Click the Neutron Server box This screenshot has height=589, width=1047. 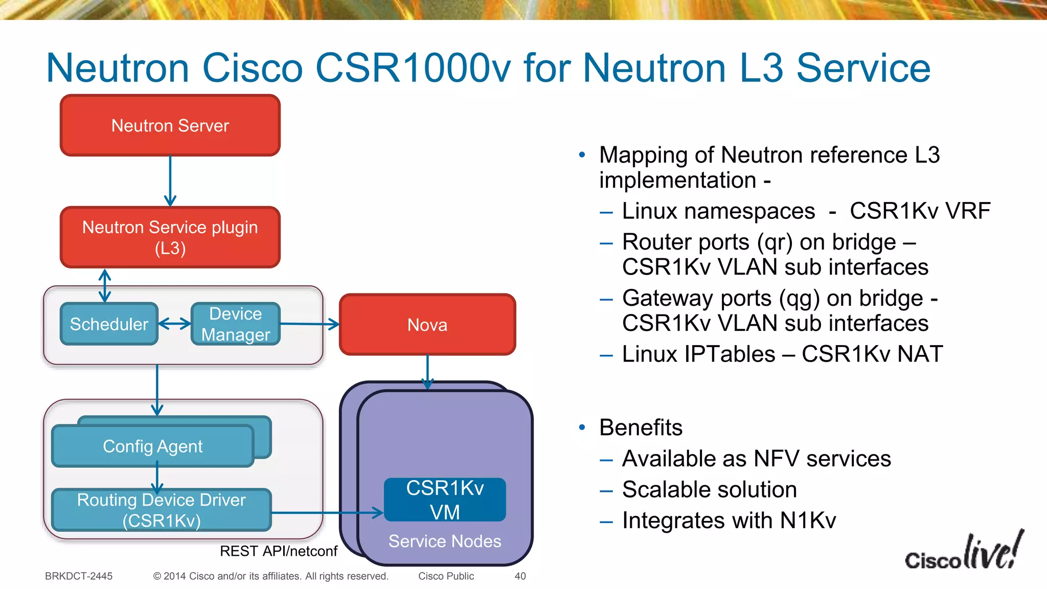tap(170, 125)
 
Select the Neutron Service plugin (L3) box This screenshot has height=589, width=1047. tap(170, 237)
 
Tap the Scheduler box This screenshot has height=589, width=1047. tap(109, 324)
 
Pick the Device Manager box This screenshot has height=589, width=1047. tap(235, 324)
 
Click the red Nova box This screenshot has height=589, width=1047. tap(427, 324)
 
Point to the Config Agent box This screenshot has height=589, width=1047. tap(152, 446)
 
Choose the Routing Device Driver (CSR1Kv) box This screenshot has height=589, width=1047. tap(161, 510)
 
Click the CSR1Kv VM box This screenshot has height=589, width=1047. tap(445, 500)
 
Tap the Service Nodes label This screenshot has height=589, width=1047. tap(445, 541)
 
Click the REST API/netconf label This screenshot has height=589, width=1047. tap(279, 551)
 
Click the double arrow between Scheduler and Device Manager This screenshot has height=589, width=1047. tap(174, 324)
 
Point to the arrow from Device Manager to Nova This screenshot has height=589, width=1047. tap(309, 324)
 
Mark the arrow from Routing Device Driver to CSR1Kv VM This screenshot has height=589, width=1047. tap(327, 512)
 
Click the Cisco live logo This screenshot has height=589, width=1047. tap(964, 552)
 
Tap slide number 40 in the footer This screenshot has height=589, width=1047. tap(520, 576)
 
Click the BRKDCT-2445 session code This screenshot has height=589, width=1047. tap(79, 576)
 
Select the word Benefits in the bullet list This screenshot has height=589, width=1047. tap(641, 427)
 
